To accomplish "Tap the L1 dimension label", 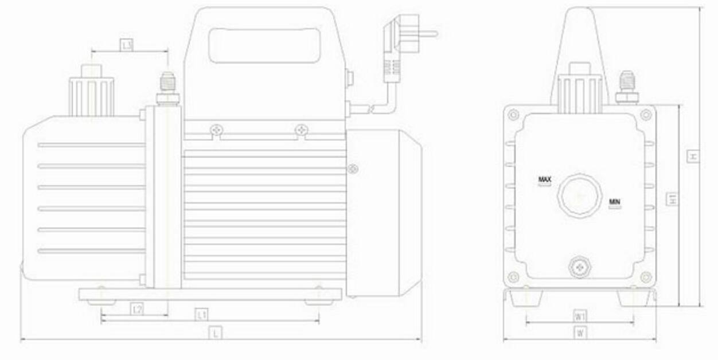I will point(201,314).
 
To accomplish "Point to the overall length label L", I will point(216,332).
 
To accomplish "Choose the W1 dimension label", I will point(580,316).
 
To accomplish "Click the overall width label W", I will point(580,332).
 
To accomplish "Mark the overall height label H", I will point(693,156).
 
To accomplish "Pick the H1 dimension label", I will point(673,199).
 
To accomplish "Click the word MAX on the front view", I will point(545,180).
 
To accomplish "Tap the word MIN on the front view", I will point(615,202).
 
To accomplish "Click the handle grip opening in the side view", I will point(264,46).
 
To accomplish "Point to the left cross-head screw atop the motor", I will point(216,131).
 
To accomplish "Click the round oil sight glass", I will point(580,195).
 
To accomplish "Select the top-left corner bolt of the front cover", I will point(513,115).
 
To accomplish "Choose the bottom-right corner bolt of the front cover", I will point(646,277).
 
